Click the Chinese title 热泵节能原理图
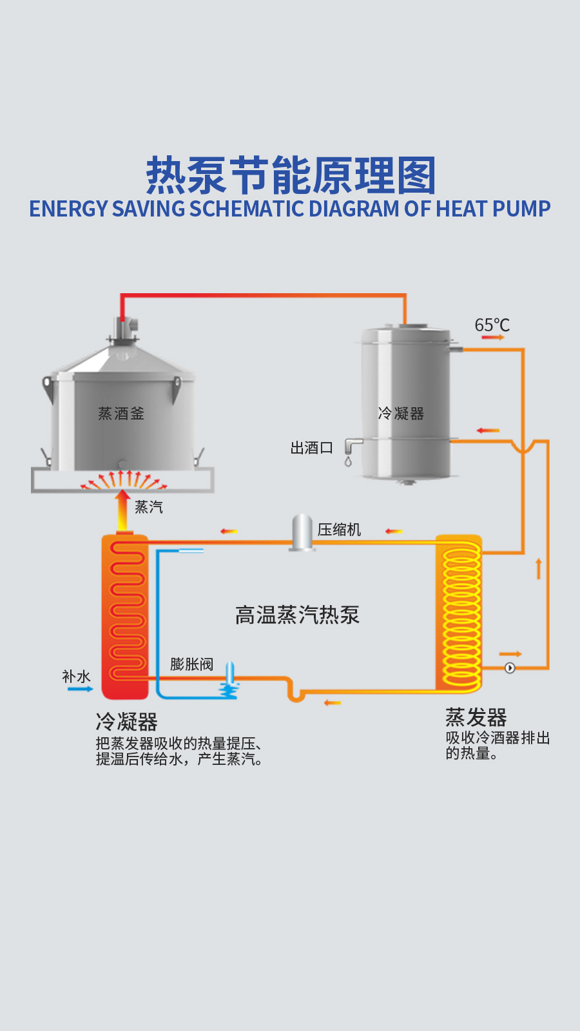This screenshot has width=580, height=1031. [291, 175]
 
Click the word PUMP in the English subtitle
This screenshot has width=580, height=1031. [521, 209]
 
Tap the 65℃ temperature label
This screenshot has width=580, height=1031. [492, 325]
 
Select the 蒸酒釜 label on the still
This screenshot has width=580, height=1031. [121, 413]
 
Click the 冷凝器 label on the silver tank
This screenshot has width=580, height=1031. [401, 413]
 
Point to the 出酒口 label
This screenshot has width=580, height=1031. [311, 447]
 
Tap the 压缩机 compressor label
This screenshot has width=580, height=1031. [339, 530]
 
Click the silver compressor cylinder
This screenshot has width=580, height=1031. [302, 532]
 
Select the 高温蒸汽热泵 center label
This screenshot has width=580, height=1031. [297, 615]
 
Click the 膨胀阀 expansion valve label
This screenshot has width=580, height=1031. [191, 664]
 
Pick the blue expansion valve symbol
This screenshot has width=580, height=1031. [229, 683]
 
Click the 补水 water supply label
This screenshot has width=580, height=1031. [76, 677]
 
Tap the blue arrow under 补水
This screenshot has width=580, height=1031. [80, 689]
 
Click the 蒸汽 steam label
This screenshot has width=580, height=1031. [148, 507]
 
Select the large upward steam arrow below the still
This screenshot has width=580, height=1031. [122, 511]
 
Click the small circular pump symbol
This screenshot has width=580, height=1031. [510, 668]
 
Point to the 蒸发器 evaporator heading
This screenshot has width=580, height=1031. [476, 717]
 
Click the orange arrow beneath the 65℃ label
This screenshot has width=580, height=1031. [493, 337]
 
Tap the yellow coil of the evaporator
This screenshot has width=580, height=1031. [461, 612]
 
